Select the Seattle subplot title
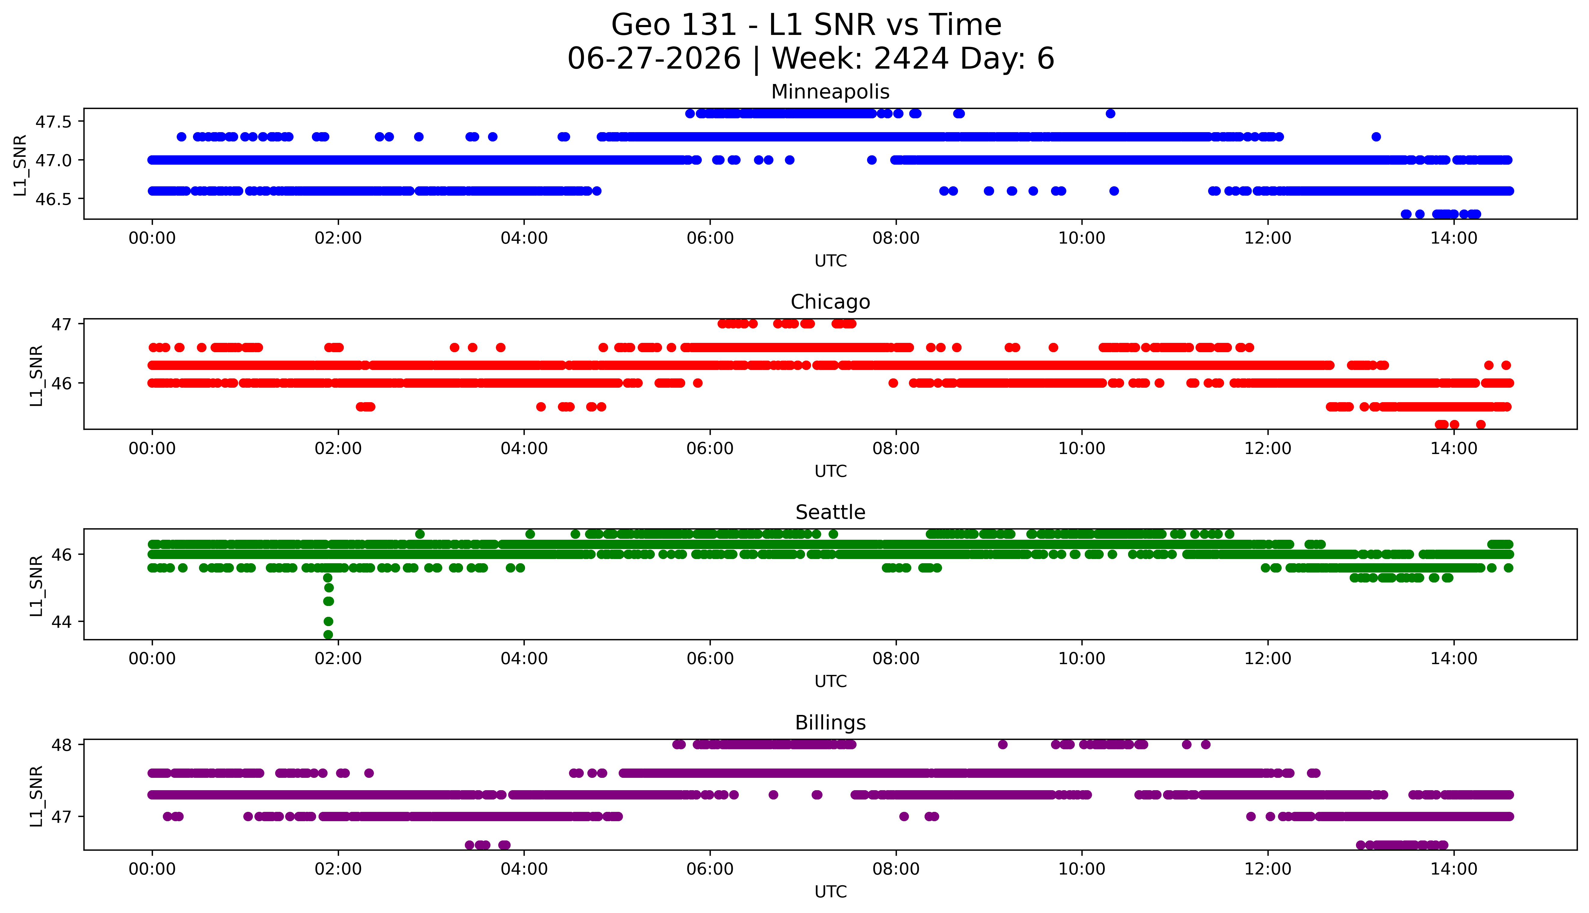[x=830, y=512]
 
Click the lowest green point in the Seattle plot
[x=328, y=635]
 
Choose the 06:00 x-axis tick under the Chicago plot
[x=710, y=448]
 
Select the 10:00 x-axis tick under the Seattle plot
[x=1082, y=658]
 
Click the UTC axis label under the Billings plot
[x=830, y=891]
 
